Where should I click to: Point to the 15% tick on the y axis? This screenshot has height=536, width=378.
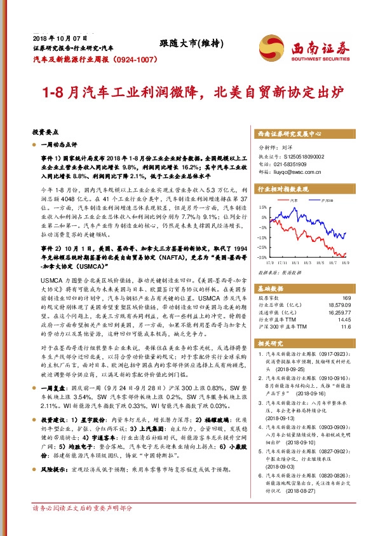point(262,208)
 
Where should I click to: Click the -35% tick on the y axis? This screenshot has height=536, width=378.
point(261,257)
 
